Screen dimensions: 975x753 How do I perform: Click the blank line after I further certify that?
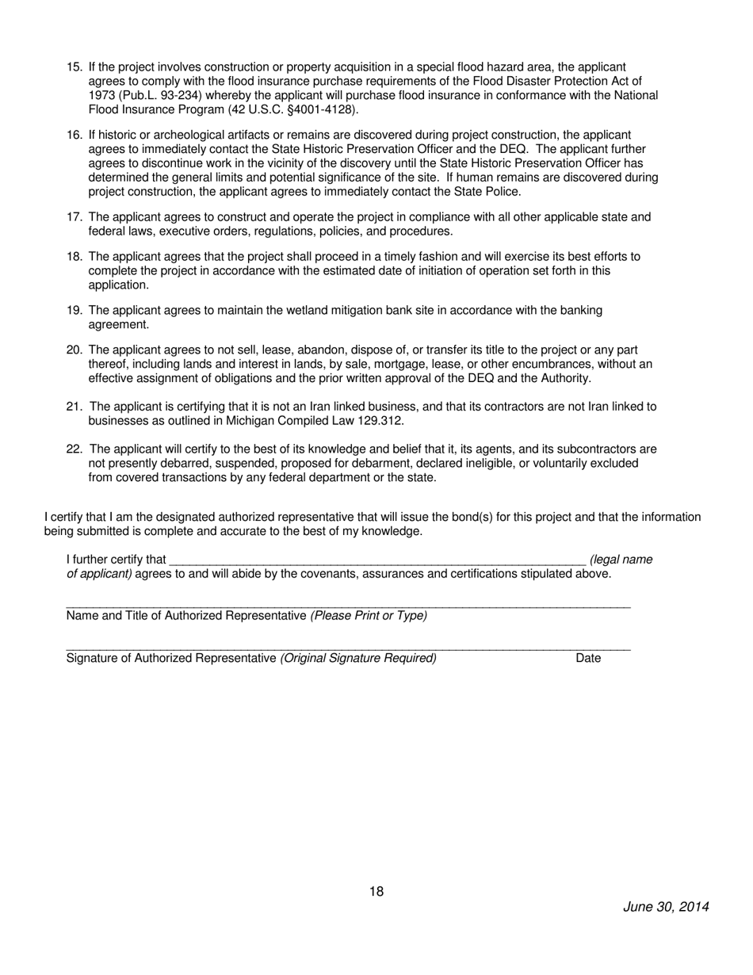[x=377, y=560]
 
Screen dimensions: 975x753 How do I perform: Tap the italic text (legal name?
[x=621, y=560]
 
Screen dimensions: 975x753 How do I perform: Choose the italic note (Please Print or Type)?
[x=369, y=616]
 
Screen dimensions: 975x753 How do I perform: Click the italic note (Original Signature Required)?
[x=358, y=659]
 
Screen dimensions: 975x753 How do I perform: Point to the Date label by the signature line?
[x=588, y=659]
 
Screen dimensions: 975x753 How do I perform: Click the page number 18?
[x=376, y=892]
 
